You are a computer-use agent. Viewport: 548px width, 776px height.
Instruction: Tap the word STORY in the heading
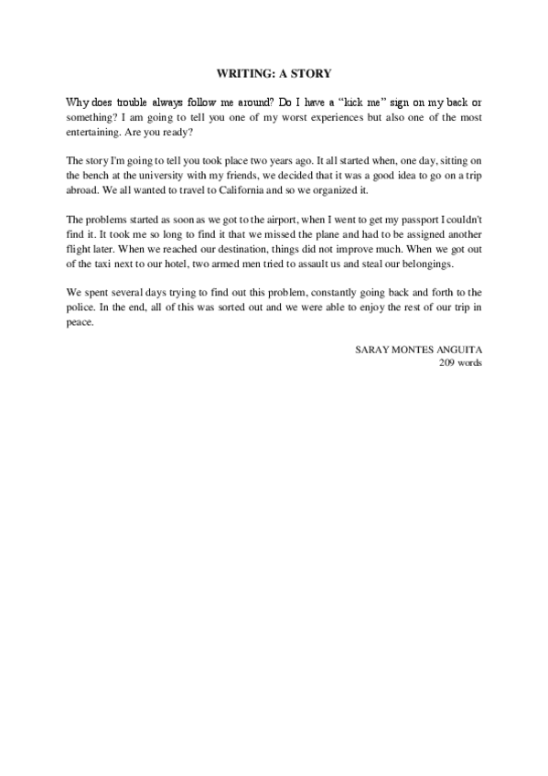pyautogui.click(x=312, y=70)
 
